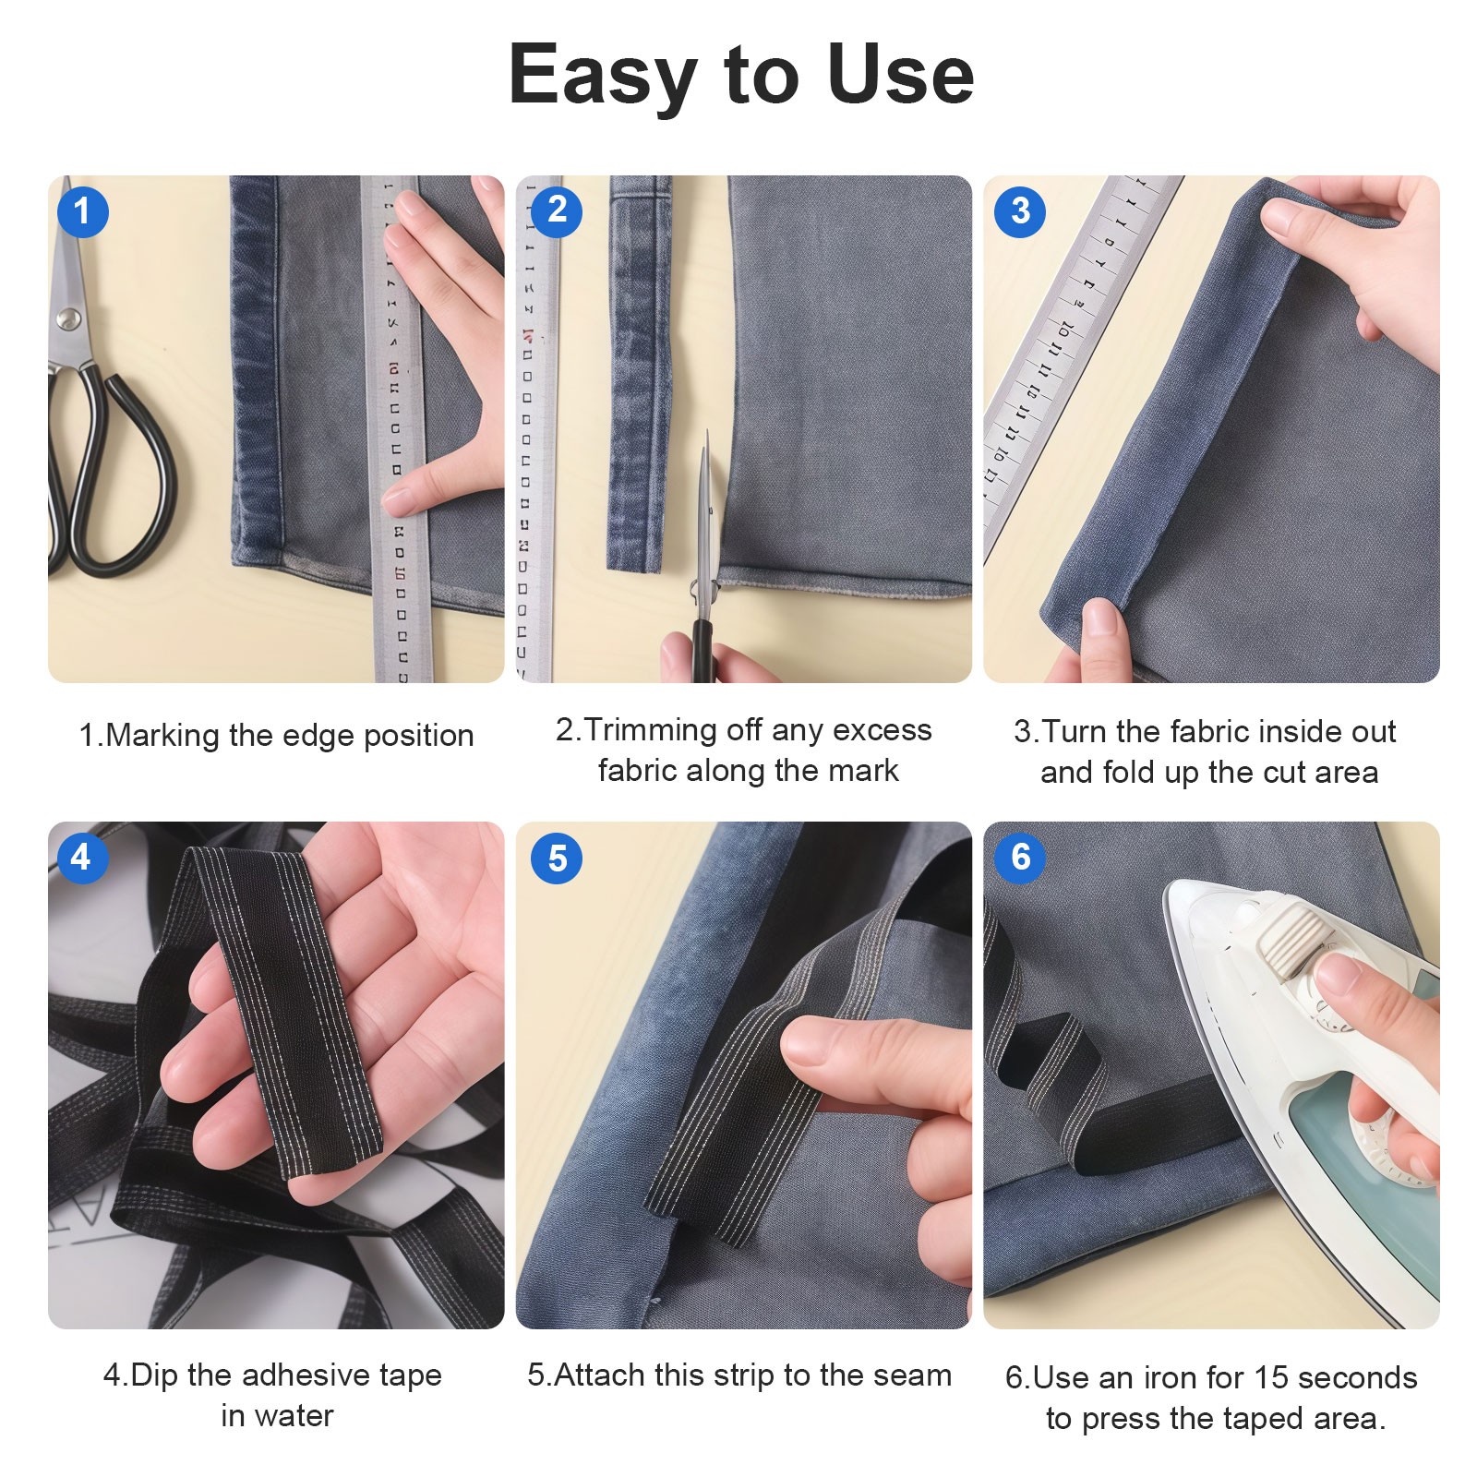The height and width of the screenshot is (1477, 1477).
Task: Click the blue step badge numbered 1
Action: pos(82,211)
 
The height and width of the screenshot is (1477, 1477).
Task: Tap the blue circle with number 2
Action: pos(557,211)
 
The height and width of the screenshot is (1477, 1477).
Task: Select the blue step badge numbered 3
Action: pos(1019,211)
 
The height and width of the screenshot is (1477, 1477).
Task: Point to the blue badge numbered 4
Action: pos(81,858)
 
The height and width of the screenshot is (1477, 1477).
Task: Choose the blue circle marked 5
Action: pos(557,859)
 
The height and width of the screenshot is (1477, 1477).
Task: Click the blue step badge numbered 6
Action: pos(1019,858)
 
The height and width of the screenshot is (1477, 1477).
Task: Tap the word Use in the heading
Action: pos(900,74)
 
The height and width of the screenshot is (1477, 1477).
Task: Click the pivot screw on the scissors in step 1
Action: pos(67,319)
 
